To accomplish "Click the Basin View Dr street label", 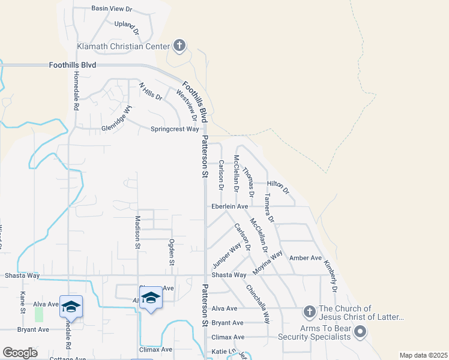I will pyautogui.click(x=111, y=9).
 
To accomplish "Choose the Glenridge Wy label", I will pyautogui.click(x=116, y=119).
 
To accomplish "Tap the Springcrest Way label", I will pyautogui.click(x=174, y=129).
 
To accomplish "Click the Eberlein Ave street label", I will pyautogui.click(x=229, y=206).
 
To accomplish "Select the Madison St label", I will pyautogui.click(x=137, y=232).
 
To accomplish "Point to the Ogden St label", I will pyautogui.click(x=172, y=253).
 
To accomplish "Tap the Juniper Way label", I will pyautogui.click(x=227, y=256).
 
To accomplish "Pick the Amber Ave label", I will pyautogui.click(x=306, y=257).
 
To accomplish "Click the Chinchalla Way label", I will pyautogui.click(x=258, y=304).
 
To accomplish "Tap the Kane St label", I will pyautogui.click(x=23, y=302).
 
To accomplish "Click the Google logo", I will pyautogui.click(x=20, y=353).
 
